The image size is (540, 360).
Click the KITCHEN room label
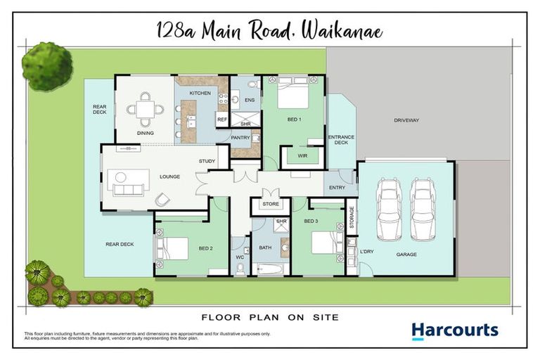click(x=200, y=93)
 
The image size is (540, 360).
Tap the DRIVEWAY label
click(x=406, y=120)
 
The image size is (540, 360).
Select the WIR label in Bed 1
click(x=302, y=155)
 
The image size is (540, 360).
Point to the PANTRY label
click(x=241, y=138)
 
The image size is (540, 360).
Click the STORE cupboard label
click(x=271, y=204)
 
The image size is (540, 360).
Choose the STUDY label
click(x=207, y=161)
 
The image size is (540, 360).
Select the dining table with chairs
click(x=145, y=109)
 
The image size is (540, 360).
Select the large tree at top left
click(x=47, y=65)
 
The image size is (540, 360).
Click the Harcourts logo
click(x=454, y=330)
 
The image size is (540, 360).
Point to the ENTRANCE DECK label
click(x=341, y=140)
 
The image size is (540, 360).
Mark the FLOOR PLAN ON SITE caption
click(x=270, y=317)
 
